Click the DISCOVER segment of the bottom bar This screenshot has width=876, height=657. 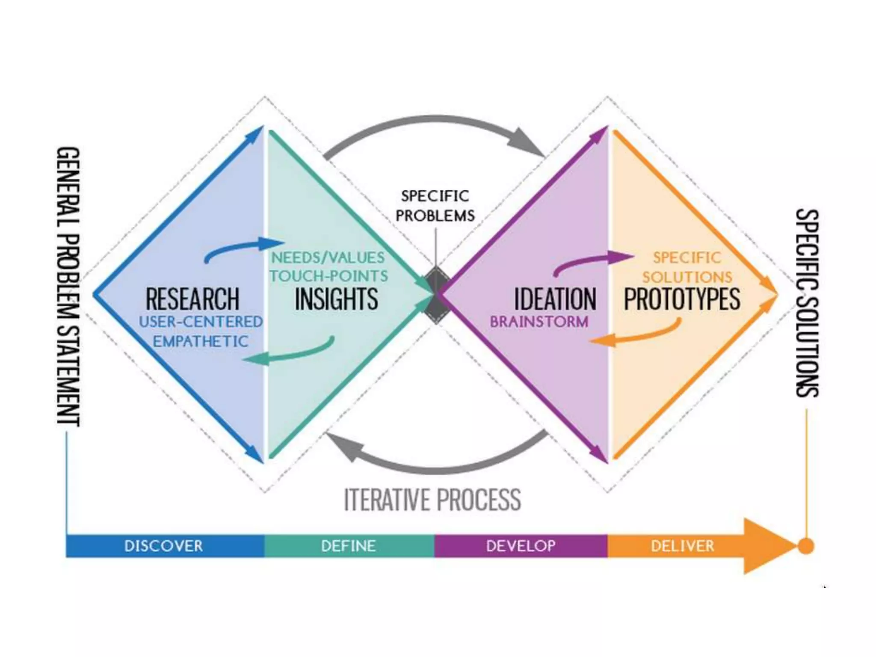(163, 546)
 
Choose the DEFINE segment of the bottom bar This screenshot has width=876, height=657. (349, 546)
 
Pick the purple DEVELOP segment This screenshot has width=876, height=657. (521, 546)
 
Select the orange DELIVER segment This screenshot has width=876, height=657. (682, 546)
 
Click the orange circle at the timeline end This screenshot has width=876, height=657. (806, 546)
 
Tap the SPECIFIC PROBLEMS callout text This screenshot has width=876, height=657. (435, 206)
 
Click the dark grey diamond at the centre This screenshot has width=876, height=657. (436, 295)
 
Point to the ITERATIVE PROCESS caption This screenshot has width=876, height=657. (432, 499)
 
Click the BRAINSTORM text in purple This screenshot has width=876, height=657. (539, 322)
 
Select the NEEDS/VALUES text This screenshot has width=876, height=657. (328, 257)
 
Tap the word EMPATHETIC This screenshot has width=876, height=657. (201, 341)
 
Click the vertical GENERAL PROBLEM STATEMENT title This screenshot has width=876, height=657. (68, 287)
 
